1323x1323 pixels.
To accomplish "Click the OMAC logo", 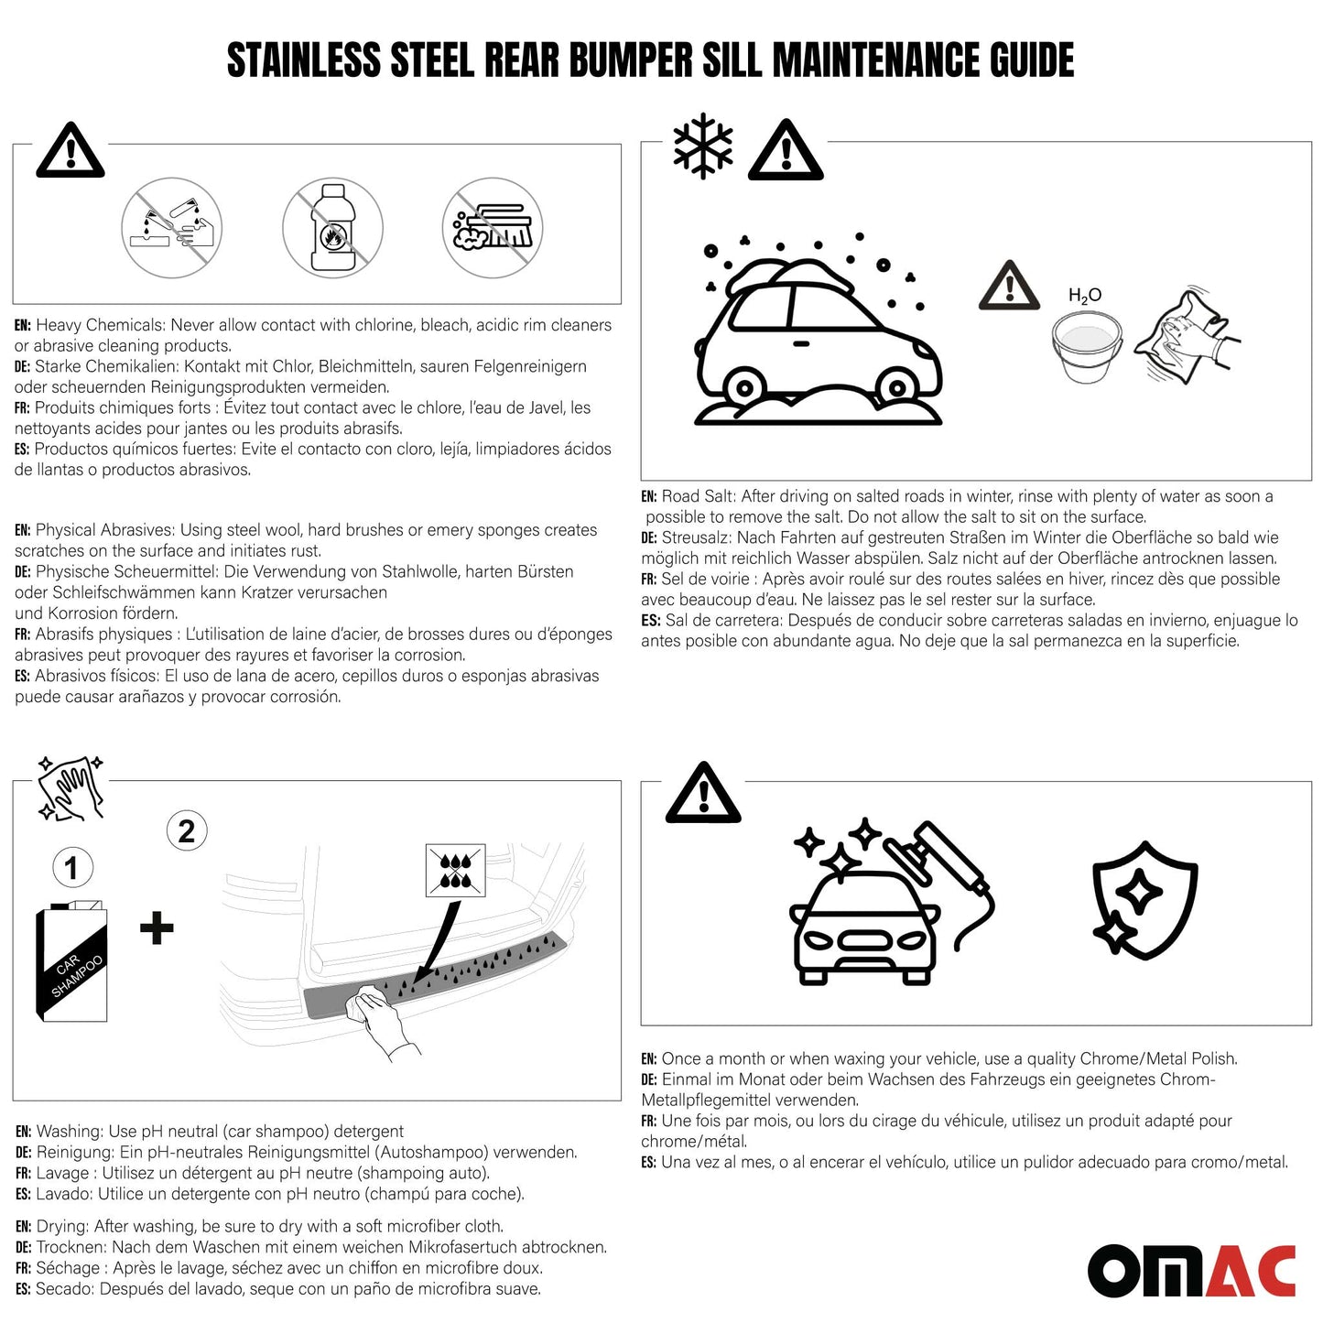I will pyautogui.click(x=1191, y=1271).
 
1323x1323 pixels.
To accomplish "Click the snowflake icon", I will pyautogui.click(x=703, y=146).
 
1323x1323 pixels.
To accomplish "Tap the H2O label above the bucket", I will pyautogui.click(x=1085, y=295).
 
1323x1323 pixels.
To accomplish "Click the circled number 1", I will pyautogui.click(x=72, y=867).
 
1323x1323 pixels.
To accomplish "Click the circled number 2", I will pyautogui.click(x=187, y=830).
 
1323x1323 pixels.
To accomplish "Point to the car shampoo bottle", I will pyautogui.click(x=71, y=962).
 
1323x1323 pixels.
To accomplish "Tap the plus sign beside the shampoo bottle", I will pyautogui.click(x=157, y=927).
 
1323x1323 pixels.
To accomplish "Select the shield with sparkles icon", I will pyautogui.click(x=1144, y=900).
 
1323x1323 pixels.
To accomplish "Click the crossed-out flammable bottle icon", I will pyautogui.click(x=332, y=228).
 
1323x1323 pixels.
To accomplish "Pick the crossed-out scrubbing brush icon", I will pyautogui.click(x=493, y=228).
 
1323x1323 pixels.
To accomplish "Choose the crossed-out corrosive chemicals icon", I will pyautogui.click(x=172, y=228).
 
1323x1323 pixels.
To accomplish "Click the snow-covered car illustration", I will pyautogui.click(x=817, y=343).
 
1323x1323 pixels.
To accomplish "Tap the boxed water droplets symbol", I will pyautogui.click(x=455, y=870).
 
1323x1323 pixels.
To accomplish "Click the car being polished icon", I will pyautogui.click(x=879, y=906).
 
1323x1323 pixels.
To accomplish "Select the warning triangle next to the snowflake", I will pyautogui.click(x=786, y=151).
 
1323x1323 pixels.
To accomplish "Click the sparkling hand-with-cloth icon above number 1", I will pyautogui.click(x=70, y=787).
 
